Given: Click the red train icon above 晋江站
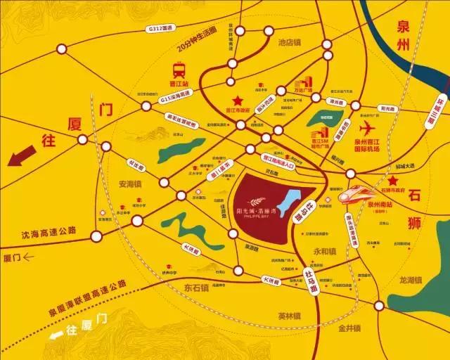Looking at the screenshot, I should pos(179,70).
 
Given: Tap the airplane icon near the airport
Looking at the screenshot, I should pos(366,128).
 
